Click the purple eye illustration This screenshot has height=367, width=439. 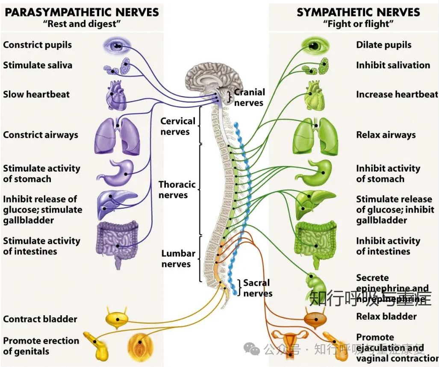(x=117, y=45)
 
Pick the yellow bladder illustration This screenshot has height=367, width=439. (x=117, y=319)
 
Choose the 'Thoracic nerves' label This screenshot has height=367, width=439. (x=177, y=189)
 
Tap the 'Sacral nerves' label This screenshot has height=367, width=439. (x=257, y=288)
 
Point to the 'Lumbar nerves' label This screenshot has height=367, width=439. (x=178, y=258)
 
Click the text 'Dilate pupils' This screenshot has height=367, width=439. (x=383, y=45)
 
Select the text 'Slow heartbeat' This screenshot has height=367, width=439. (x=36, y=95)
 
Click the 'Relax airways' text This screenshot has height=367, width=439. (x=386, y=135)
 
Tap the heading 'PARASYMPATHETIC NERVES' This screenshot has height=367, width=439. (x=82, y=12)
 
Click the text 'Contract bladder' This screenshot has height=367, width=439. (x=40, y=319)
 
